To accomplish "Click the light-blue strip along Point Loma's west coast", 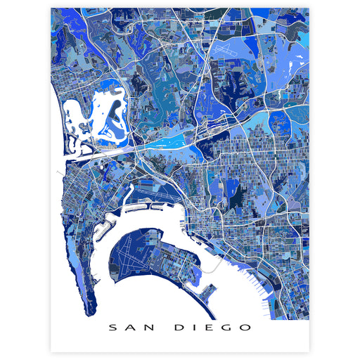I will click(70, 260).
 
